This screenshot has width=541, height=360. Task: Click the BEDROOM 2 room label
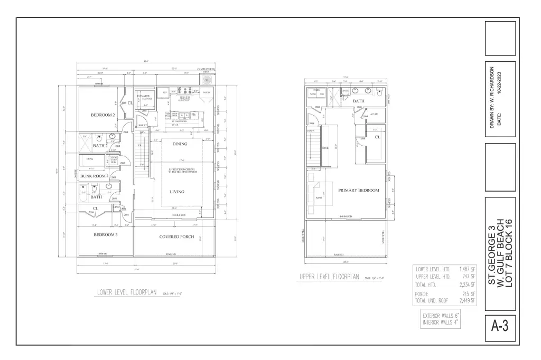point(102,115)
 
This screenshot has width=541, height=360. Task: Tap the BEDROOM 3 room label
point(105,234)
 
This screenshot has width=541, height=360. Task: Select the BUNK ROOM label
point(93,175)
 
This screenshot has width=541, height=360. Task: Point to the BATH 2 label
point(100,146)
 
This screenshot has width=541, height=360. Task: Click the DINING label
point(180,144)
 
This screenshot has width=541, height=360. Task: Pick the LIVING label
point(177,192)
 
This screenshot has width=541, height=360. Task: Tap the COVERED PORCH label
point(175,237)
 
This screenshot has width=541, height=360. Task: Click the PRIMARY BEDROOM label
point(359,190)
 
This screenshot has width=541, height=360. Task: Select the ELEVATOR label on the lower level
point(144,97)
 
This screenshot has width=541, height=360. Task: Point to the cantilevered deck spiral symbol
point(207,78)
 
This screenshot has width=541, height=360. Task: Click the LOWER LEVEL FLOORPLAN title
point(127,292)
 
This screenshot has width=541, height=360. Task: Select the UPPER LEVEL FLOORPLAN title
point(329,277)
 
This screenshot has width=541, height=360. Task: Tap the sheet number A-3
point(499,327)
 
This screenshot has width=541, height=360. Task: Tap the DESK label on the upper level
point(326,148)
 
